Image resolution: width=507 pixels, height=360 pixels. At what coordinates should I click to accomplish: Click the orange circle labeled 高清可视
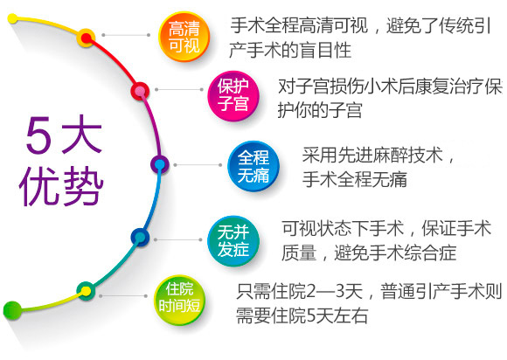click(184, 37)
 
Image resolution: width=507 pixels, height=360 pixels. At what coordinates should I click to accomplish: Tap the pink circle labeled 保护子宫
click(233, 96)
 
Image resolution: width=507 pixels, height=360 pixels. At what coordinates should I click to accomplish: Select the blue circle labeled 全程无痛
click(253, 166)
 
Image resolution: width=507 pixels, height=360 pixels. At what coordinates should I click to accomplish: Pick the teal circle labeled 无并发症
click(233, 241)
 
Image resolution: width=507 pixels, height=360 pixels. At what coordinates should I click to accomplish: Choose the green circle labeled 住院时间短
click(179, 300)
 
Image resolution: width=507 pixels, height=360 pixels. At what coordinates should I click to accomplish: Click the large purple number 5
click(38, 135)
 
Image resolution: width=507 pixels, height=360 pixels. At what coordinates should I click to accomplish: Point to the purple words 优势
click(61, 186)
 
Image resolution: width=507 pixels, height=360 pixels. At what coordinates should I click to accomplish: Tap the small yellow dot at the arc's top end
click(12, 18)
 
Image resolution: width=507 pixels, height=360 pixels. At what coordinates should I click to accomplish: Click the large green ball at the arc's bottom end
click(12, 310)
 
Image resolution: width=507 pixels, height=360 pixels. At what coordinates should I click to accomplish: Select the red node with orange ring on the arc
click(86, 38)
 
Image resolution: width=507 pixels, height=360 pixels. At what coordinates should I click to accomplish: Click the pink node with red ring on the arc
click(140, 91)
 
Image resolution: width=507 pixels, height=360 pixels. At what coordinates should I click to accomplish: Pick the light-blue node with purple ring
click(160, 164)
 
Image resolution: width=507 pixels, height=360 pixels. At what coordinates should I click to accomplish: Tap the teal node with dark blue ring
click(140, 238)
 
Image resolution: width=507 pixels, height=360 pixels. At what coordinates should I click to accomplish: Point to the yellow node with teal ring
click(86, 291)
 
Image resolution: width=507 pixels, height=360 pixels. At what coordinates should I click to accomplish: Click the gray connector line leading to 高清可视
click(126, 35)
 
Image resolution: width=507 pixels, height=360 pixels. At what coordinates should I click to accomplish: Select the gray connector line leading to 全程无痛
click(198, 165)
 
